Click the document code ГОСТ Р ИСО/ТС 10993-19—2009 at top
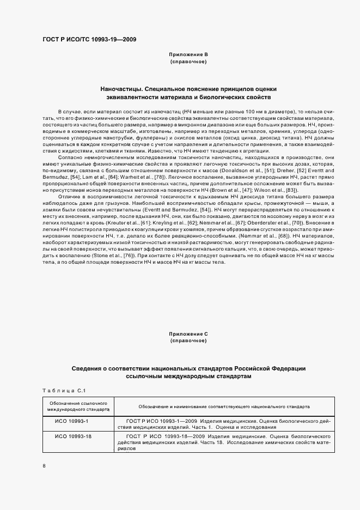tap(89, 40)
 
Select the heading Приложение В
tap(188, 55)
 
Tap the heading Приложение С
tap(188, 333)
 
